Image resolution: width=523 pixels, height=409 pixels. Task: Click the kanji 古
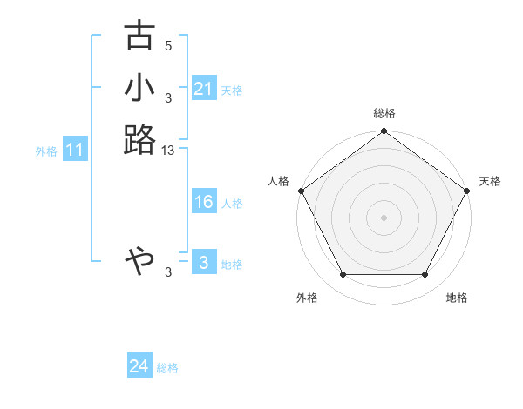point(140,37)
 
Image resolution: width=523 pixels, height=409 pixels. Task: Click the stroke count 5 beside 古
point(168,46)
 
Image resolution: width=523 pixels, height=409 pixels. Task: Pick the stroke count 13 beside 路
point(168,151)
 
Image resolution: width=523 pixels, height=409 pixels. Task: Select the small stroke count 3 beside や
point(168,272)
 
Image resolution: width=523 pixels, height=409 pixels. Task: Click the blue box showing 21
point(204,89)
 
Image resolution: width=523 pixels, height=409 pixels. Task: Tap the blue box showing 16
point(204,202)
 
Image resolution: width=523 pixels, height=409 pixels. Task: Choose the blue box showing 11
point(75,151)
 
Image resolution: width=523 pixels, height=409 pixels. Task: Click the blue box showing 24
point(139,367)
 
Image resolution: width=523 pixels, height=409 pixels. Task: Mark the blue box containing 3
point(204,263)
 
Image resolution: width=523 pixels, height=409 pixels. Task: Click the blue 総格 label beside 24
point(167,368)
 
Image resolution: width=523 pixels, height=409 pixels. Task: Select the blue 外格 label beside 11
point(46,151)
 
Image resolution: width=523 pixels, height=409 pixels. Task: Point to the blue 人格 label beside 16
point(232,204)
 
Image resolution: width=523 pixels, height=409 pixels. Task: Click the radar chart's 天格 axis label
point(490,181)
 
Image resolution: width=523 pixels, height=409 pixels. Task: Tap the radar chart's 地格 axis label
point(456,298)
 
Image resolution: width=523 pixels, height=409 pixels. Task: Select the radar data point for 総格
point(384,132)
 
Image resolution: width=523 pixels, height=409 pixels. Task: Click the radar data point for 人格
point(301,191)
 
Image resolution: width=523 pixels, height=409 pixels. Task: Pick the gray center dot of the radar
point(384,217)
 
